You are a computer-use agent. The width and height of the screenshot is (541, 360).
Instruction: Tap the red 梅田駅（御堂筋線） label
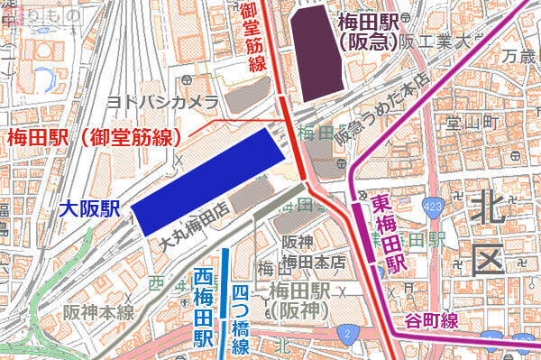click(x=94, y=138)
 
